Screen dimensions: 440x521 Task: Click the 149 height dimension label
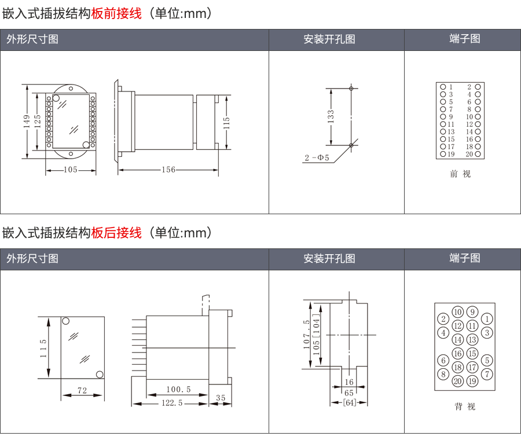pos(27,121)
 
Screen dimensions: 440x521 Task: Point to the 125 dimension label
pos(37,121)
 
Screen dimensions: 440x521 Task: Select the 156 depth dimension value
pos(168,170)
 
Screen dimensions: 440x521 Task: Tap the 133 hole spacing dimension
pos(331,116)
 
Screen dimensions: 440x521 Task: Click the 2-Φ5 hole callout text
pos(317,157)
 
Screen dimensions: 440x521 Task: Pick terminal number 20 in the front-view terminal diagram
pos(469,154)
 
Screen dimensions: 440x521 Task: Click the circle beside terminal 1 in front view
pos(443,87)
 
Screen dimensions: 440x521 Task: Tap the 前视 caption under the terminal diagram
pos(461,174)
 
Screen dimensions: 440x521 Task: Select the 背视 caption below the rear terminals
pos(465,406)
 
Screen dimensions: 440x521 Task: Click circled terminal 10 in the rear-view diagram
pos(458,312)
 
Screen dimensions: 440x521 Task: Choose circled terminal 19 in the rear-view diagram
pos(472,380)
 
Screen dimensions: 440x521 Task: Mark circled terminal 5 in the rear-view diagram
pos(487,360)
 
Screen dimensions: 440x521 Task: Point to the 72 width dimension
pos(82,391)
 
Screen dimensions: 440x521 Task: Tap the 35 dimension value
pos(221,398)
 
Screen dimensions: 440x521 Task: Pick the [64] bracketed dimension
pos(350,402)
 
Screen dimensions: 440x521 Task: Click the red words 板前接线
pos(116,13)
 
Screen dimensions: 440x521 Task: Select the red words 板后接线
pos(116,233)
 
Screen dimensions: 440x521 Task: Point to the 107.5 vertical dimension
pos(306,335)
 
